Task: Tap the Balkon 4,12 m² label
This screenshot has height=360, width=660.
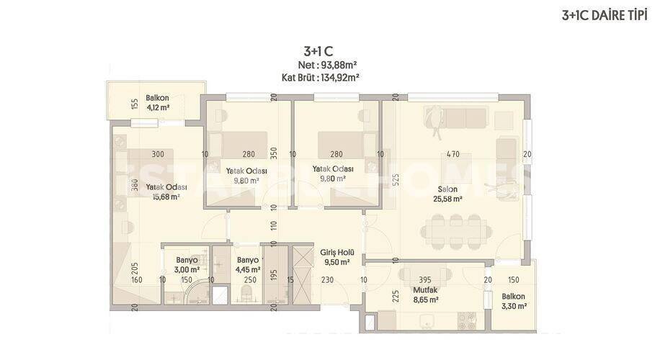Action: coord(157,103)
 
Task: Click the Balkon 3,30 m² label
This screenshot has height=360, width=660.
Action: coord(514,301)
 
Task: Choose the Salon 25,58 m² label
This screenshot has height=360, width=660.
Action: coord(448,195)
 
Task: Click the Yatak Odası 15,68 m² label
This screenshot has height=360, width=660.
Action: coord(162,192)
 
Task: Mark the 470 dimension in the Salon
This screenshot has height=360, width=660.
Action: coord(452,154)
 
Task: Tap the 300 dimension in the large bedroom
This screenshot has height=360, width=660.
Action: coord(158,154)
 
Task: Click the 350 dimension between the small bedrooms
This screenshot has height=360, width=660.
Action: coord(274,154)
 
